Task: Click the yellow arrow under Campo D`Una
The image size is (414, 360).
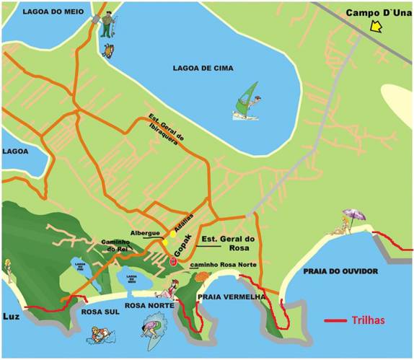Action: tap(375, 27)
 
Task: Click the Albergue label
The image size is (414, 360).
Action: tap(146, 234)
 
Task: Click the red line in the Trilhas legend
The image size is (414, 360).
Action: tap(335, 321)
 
